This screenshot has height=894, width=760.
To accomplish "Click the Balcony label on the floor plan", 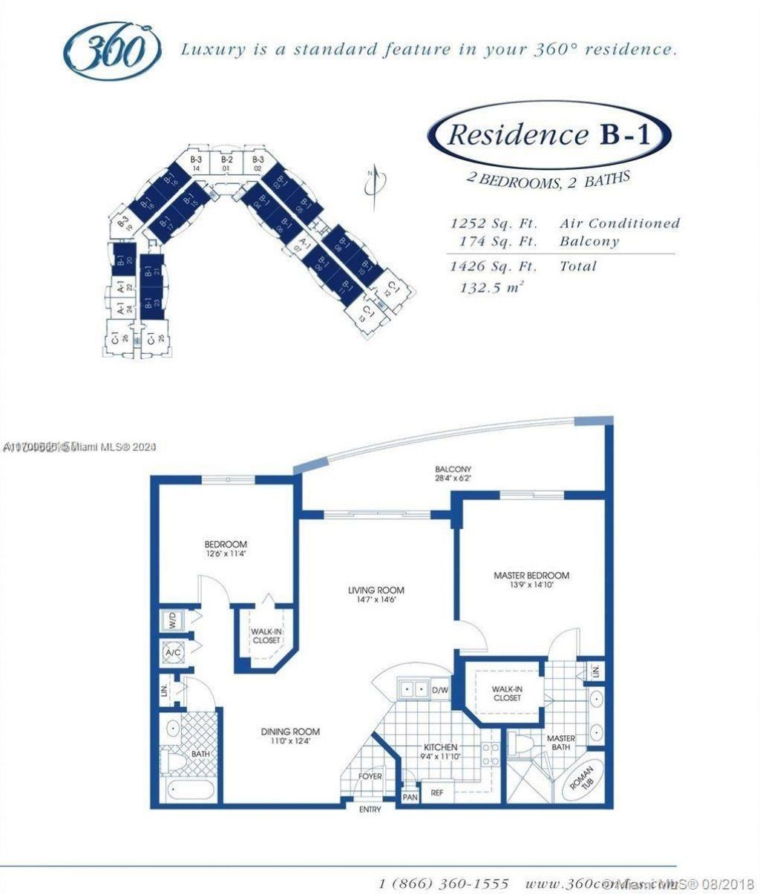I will (453, 473).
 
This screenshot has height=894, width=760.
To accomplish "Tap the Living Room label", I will (376, 594).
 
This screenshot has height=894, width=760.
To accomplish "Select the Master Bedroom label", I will (531, 579).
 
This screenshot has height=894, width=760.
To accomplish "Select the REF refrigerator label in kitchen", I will (437, 793).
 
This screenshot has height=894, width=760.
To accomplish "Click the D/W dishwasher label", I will (440, 691).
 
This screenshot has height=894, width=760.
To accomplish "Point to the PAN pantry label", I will (410, 797).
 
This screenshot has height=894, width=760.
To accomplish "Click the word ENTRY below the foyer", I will (370, 809).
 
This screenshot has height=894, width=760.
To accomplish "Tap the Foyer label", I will (370, 777).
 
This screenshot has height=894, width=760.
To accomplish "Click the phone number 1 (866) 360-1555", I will (444, 884).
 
